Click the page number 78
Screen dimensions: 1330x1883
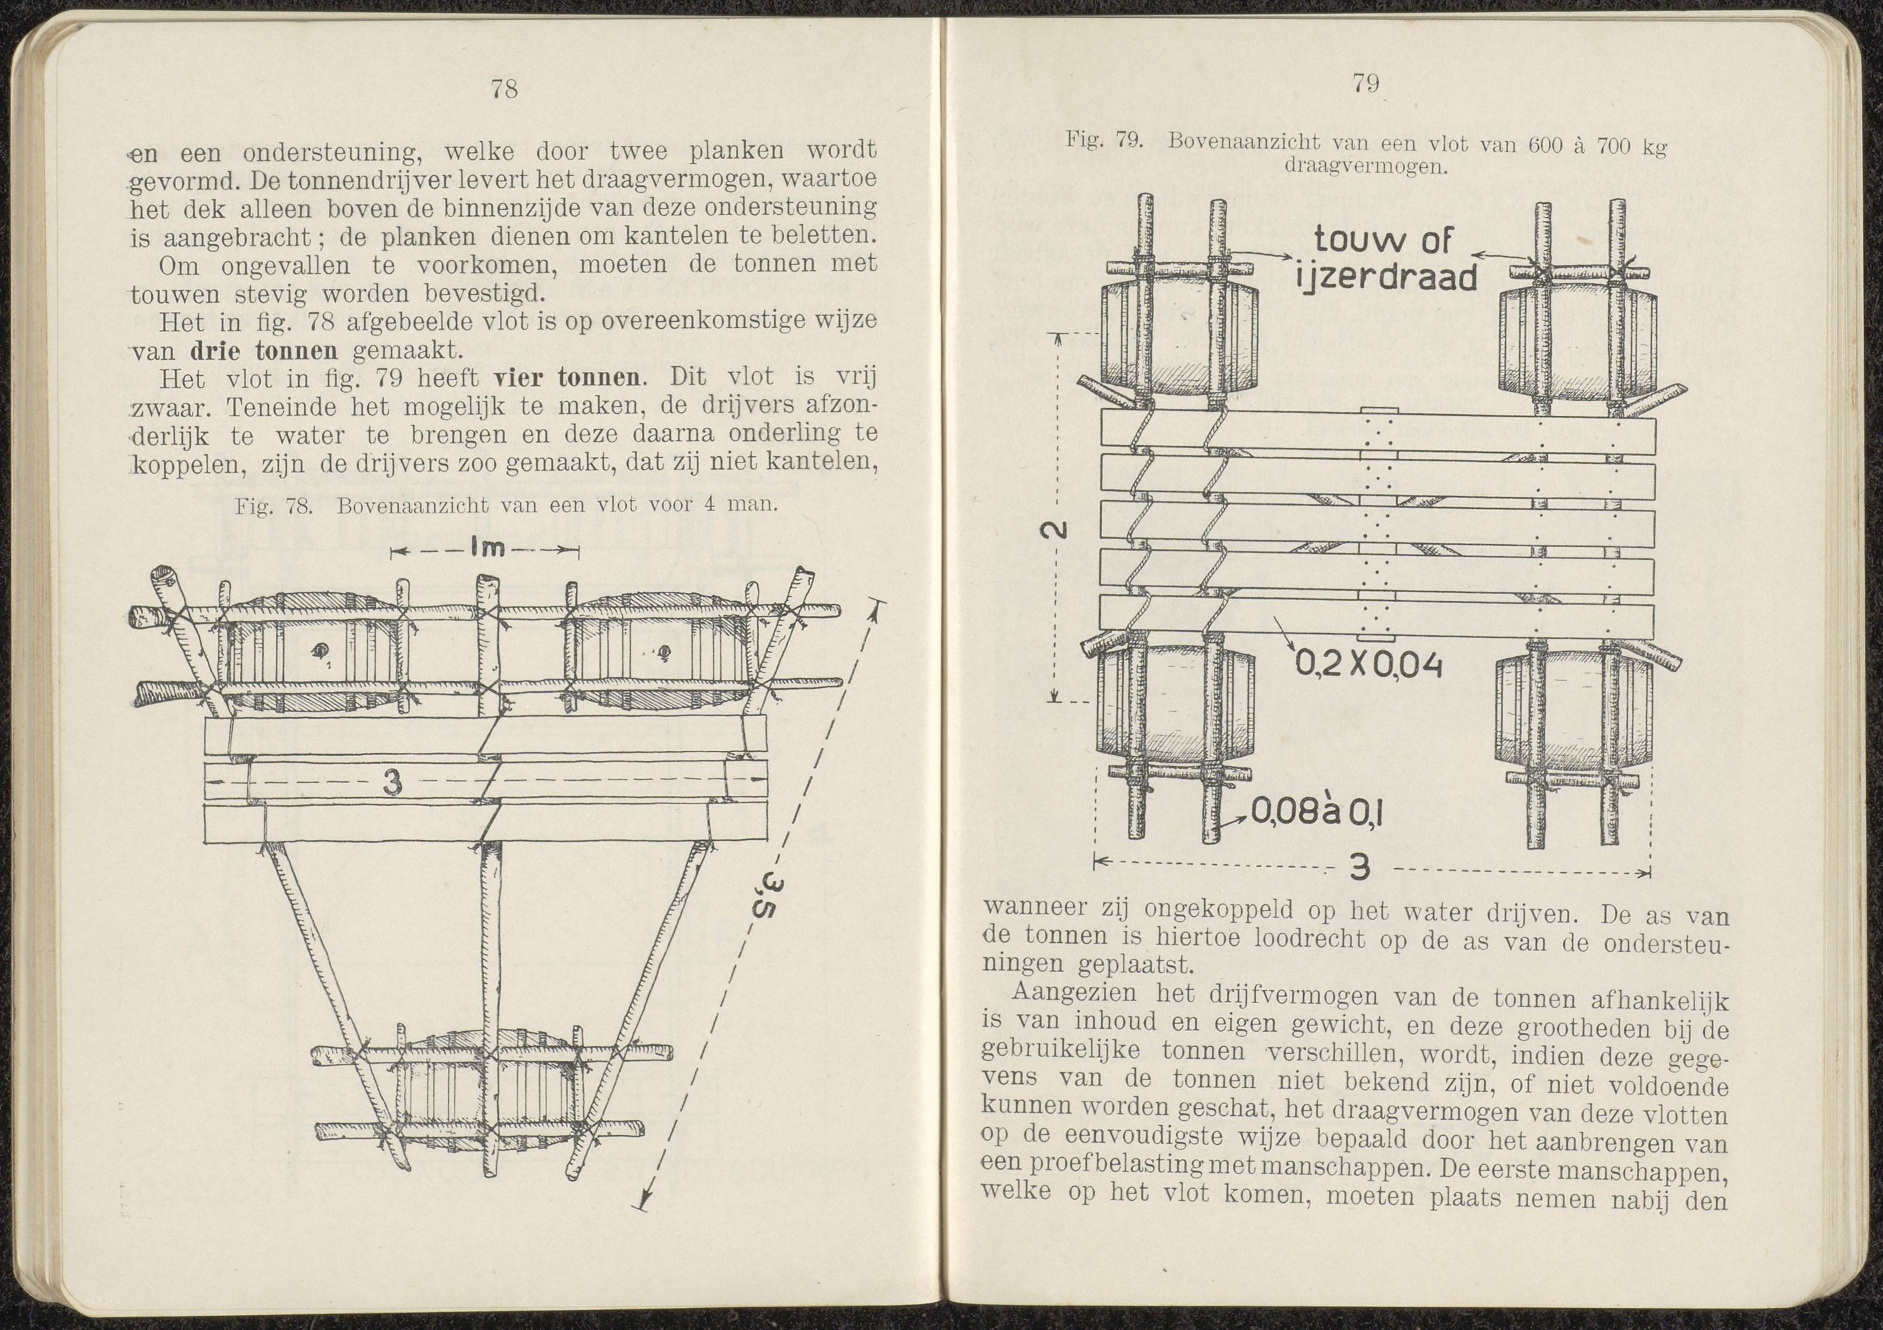point(504,89)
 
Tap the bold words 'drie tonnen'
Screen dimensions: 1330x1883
point(264,351)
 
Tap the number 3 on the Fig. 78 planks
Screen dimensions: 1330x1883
point(393,784)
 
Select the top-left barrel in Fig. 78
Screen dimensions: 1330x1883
point(312,652)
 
